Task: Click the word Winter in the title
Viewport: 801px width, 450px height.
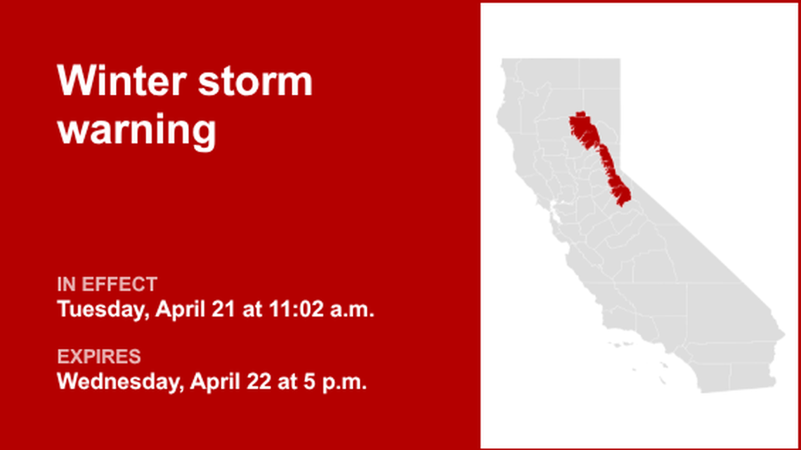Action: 121,81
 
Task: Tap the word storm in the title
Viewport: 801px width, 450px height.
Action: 255,81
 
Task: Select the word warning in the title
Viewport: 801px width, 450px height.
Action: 136,131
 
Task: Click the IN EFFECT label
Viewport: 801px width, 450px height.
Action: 107,284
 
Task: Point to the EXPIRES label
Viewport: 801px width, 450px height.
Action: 98,356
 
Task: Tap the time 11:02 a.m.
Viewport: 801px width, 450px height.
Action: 321,309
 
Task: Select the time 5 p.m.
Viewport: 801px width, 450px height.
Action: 335,382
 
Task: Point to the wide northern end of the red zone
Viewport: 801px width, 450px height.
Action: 582,128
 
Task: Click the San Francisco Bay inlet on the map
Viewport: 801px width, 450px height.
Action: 556,210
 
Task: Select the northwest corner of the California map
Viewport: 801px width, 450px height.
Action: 502,59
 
